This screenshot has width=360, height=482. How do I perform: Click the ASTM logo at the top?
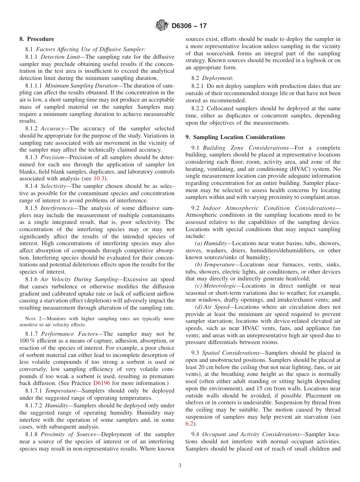[162, 26]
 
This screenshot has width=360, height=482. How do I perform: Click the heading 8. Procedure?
[37, 39]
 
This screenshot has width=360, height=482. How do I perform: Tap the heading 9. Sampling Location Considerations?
[235, 137]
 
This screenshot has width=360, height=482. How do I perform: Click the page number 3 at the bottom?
[180, 466]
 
